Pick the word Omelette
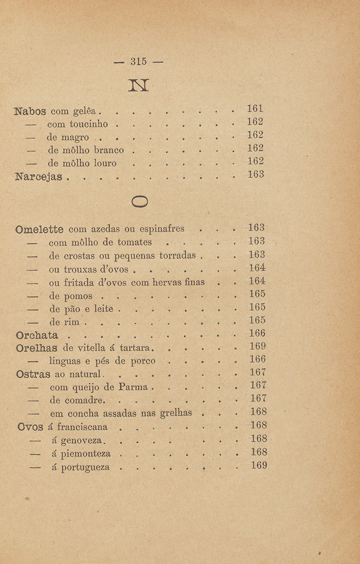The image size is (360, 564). (40, 228)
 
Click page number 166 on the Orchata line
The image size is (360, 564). (258, 333)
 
